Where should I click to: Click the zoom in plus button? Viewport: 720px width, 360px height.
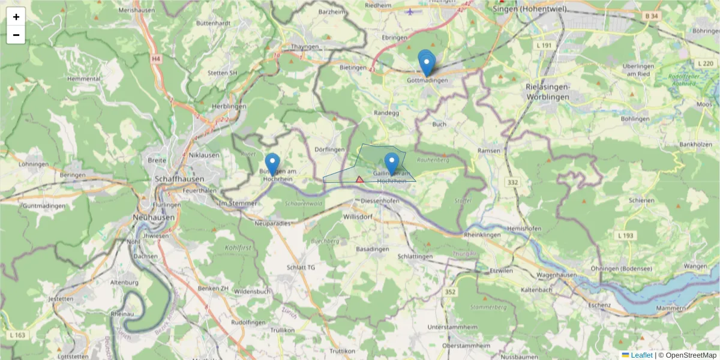(16, 17)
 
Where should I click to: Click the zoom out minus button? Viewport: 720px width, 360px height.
(16, 35)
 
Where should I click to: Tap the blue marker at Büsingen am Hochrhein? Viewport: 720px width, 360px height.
(272, 164)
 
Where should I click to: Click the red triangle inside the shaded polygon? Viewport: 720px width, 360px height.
(360, 179)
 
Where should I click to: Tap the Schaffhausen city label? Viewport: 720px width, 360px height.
(179, 179)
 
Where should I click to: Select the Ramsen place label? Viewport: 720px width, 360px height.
(488, 151)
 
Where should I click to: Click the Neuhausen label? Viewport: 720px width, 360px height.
(155, 218)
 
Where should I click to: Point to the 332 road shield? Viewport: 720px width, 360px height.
(512, 182)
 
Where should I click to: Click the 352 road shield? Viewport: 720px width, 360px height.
(450, 292)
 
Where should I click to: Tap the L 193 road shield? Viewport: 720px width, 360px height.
(625, 236)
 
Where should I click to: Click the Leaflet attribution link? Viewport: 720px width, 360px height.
(641, 355)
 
